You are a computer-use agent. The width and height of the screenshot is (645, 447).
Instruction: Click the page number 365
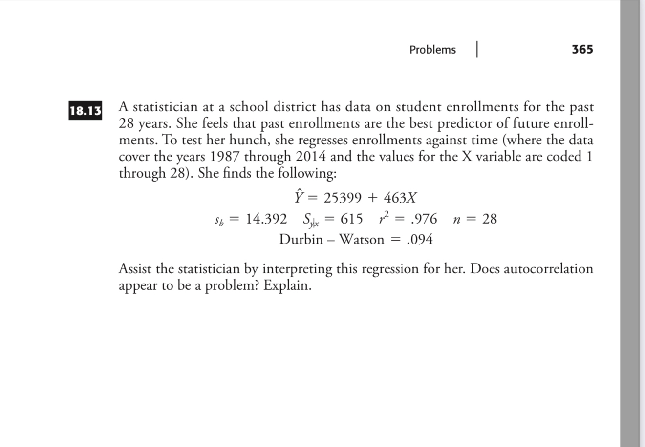click(582, 49)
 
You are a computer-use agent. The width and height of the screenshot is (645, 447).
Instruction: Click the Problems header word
click(432, 50)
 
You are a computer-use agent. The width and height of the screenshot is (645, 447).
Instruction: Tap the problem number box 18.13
click(86, 111)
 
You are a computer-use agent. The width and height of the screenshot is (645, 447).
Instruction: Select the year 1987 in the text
click(225, 157)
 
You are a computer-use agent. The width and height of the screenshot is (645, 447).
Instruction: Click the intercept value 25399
click(344, 198)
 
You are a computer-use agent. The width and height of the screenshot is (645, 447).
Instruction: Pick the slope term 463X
click(400, 198)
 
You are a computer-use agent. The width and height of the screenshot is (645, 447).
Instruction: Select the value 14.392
click(266, 219)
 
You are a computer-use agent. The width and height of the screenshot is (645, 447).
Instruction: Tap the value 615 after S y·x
click(352, 219)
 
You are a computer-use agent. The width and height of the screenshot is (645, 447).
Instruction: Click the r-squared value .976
click(425, 219)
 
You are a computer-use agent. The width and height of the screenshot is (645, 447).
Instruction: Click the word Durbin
click(301, 240)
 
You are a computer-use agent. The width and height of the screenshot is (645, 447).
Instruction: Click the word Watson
click(362, 240)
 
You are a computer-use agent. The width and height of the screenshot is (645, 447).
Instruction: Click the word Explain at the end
click(287, 285)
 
